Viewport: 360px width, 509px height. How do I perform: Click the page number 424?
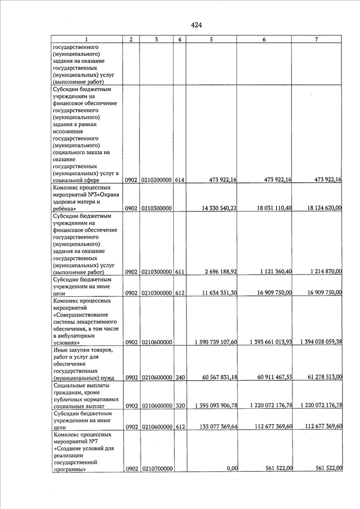point(196,25)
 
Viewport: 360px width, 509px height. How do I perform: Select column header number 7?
point(317,39)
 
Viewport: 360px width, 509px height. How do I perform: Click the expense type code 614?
point(179,180)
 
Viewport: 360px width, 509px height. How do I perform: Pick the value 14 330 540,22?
point(216,208)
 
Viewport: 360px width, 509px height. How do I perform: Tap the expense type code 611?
point(179,272)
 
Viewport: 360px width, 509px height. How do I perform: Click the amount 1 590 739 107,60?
point(215,342)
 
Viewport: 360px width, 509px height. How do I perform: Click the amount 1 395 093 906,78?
point(215,406)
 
